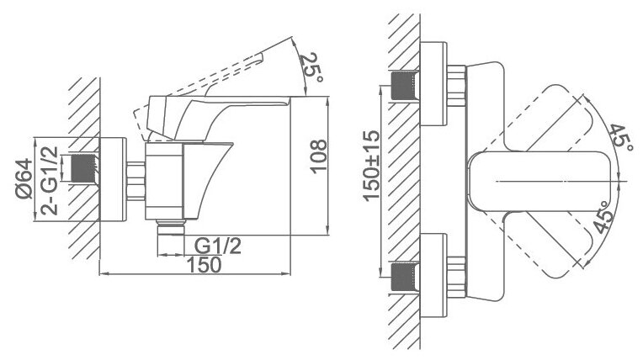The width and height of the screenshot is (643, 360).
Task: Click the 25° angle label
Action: coord(311,67)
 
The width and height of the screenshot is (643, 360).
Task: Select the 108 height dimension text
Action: coord(318,156)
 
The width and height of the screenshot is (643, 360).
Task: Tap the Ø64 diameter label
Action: coord(24,179)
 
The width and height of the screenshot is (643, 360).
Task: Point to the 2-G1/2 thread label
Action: coord(49,181)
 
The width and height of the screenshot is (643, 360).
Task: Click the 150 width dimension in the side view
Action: coord(204,264)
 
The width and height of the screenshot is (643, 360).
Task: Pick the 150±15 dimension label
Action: coord(372,166)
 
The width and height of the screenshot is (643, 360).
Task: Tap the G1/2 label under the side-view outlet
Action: coord(218,246)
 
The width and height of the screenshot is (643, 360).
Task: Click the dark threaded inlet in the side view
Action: coord(84,168)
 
